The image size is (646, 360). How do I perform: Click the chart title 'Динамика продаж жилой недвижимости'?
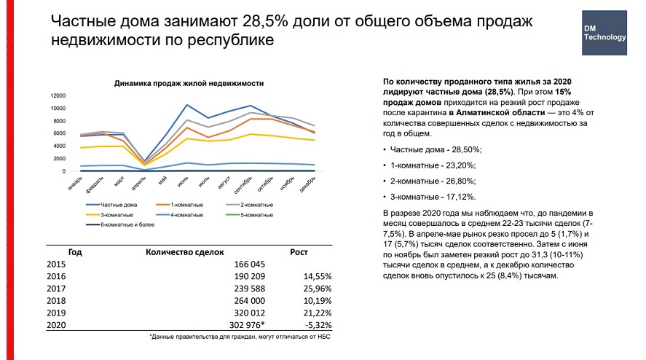point(189,84)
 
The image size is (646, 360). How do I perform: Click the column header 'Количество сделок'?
point(183,251)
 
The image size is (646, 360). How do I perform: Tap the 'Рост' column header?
point(299,251)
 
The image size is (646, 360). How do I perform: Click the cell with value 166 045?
point(248,265)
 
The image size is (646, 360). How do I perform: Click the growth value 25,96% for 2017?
point(317,289)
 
